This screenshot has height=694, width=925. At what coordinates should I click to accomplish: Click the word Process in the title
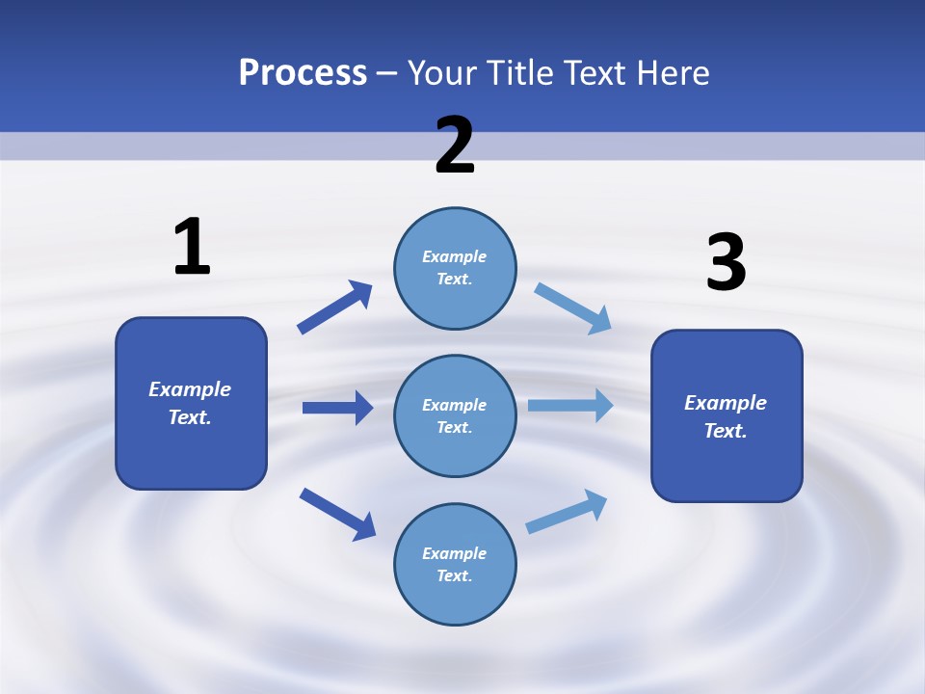[303, 73]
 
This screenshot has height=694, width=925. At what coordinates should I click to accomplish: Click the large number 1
[192, 248]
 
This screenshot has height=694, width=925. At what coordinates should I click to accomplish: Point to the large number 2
[455, 147]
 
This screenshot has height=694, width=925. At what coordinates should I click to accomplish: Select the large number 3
[726, 263]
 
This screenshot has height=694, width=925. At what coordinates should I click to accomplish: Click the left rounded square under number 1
[191, 403]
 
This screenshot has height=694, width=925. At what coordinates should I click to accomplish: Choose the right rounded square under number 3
[727, 415]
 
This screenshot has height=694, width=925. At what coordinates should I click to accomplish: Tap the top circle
[455, 268]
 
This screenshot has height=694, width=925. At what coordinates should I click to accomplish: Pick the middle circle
[455, 415]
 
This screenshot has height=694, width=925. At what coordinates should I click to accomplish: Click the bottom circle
[455, 564]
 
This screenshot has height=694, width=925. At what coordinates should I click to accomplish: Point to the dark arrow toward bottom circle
[337, 514]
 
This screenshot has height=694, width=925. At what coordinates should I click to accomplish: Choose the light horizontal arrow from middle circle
[570, 406]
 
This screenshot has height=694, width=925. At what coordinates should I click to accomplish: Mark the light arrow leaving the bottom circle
[567, 511]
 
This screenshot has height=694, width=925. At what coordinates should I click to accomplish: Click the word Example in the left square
[190, 389]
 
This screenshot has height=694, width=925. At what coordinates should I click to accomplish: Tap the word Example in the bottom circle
[454, 553]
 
